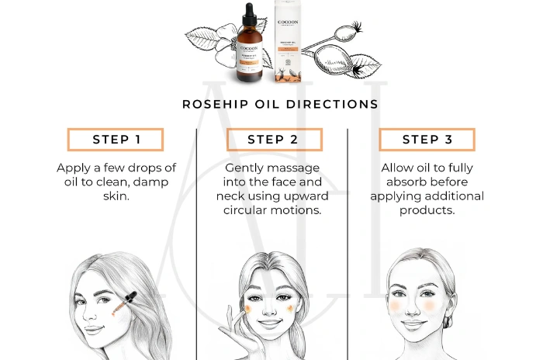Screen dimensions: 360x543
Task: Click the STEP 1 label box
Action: tap(116, 140)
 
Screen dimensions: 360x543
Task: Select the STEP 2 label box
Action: tap(271, 140)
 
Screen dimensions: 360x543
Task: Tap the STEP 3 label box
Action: tap(427, 140)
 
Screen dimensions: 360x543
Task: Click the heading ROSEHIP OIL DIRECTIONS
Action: tap(280, 103)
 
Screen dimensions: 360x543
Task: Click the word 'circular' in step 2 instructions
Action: tap(248, 209)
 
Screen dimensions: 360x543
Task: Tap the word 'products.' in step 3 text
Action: tap(427, 209)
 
